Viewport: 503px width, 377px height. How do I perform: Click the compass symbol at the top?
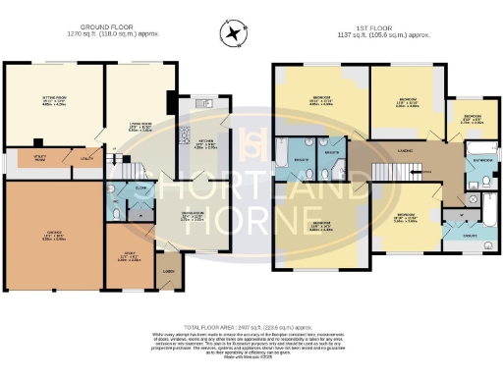tap(233, 34)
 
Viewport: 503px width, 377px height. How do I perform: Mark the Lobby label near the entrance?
tap(169, 273)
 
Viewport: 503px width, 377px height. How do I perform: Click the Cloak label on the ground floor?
tap(140, 187)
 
